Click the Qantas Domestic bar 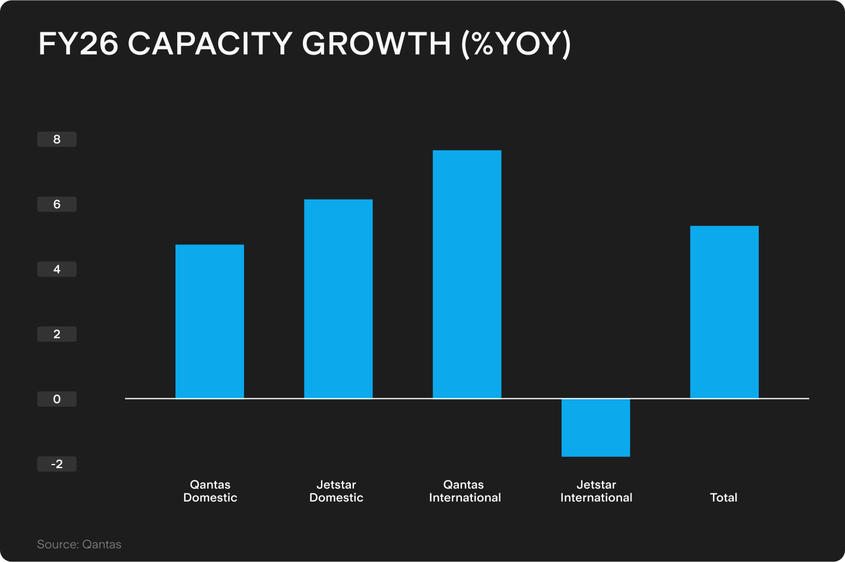209,321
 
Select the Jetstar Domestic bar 338,299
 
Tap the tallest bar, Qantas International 467,274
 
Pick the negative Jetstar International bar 596,428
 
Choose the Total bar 724,312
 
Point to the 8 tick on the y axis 57,140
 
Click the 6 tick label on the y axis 57,204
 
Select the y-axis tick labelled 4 57,270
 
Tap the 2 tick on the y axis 57,334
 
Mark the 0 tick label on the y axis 57,399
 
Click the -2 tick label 57,464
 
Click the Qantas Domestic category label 210,491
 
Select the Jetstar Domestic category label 336,491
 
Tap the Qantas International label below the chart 465,491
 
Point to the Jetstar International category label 596,491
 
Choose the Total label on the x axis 724,497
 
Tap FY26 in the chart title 79,44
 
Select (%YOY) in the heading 516,44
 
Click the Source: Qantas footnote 79,544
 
